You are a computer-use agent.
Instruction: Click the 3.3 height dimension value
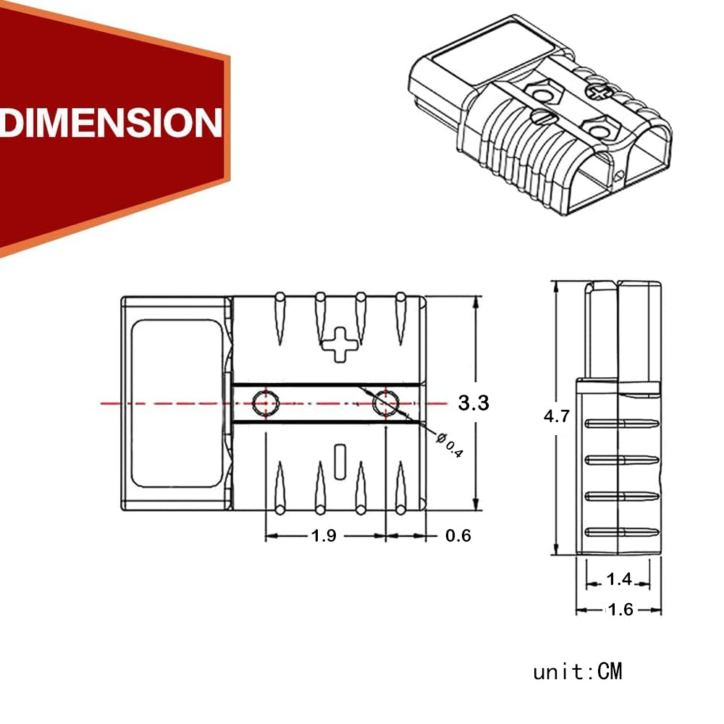[x=473, y=403]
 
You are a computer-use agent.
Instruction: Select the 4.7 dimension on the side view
[x=557, y=416]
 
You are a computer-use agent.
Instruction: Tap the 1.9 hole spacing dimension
[x=323, y=536]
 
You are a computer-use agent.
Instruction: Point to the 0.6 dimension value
[x=458, y=536]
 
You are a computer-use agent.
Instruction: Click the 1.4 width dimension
[x=620, y=578]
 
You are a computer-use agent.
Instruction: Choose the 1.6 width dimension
[x=620, y=610]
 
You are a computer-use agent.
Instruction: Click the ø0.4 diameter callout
[x=450, y=444]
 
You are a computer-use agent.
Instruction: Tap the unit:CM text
[x=577, y=672]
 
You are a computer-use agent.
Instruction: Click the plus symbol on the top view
[x=340, y=343]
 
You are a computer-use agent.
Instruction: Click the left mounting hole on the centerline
[x=265, y=401]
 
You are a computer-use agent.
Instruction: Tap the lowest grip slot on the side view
[x=622, y=532]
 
